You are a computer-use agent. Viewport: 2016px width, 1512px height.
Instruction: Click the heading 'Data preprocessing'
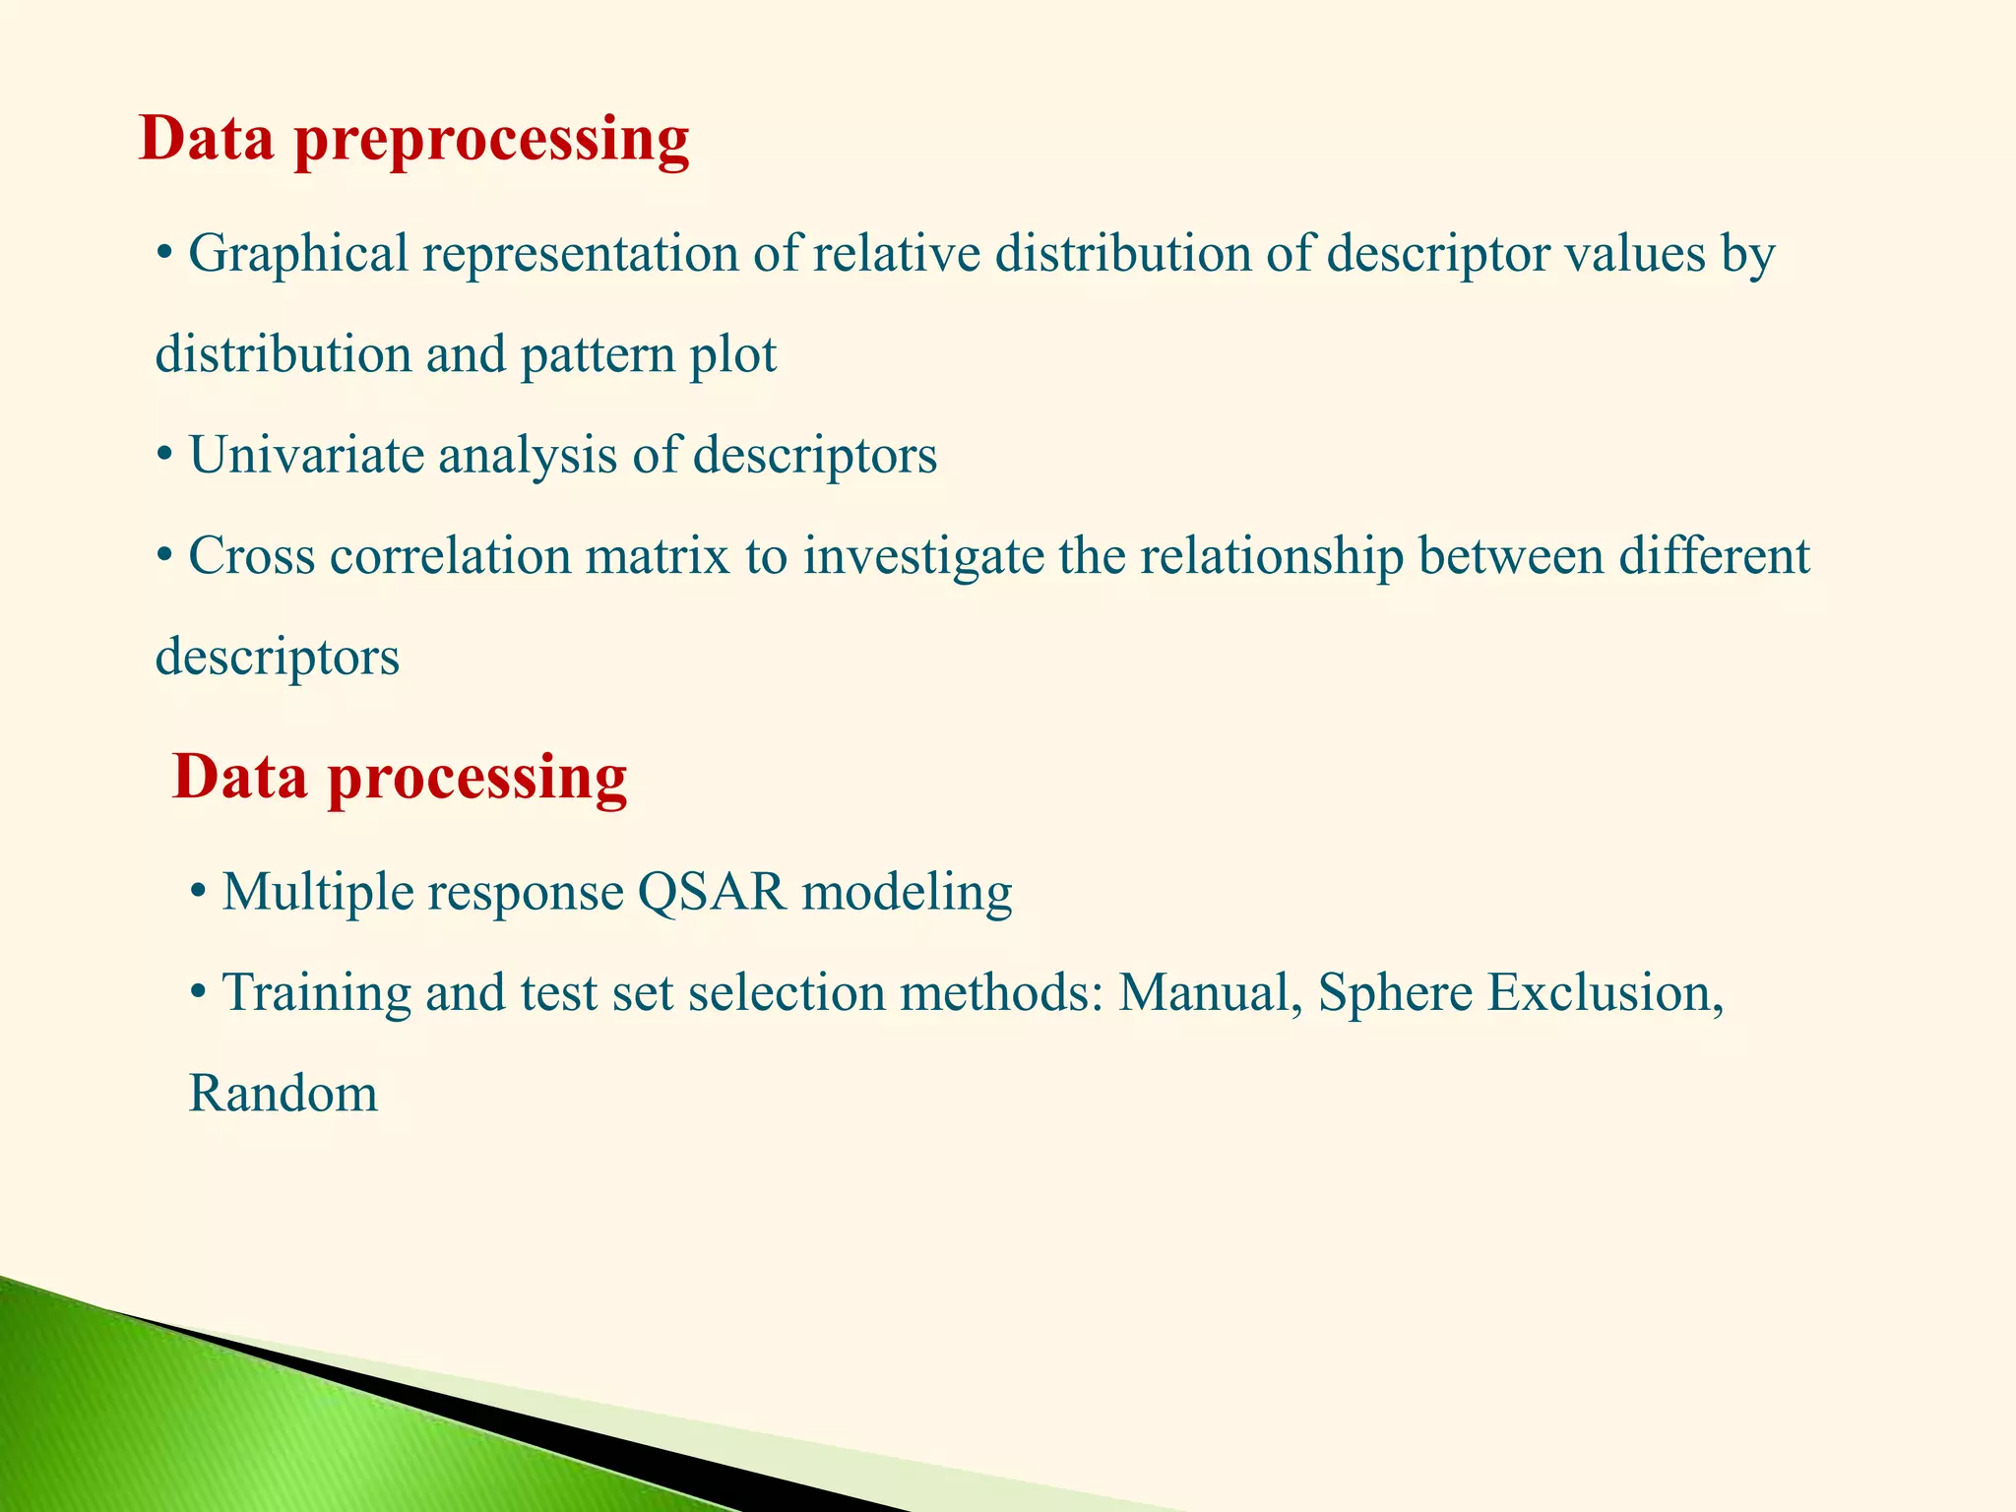pyautogui.click(x=413, y=139)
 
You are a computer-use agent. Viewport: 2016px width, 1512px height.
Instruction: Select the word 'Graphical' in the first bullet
pyautogui.click(x=297, y=254)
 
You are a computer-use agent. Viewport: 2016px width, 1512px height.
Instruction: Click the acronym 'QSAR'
pyautogui.click(x=712, y=893)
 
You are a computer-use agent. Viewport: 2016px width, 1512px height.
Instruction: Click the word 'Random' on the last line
pyautogui.click(x=283, y=1094)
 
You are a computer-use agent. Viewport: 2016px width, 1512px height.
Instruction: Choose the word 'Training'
pyautogui.click(x=316, y=992)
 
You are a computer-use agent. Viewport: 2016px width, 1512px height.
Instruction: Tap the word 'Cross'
pyautogui.click(x=251, y=556)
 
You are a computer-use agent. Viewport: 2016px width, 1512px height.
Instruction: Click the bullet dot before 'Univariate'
pyautogui.click(x=164, y=457)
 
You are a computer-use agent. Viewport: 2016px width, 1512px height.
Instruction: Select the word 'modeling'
pyautogui.click(x=907, y=893)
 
